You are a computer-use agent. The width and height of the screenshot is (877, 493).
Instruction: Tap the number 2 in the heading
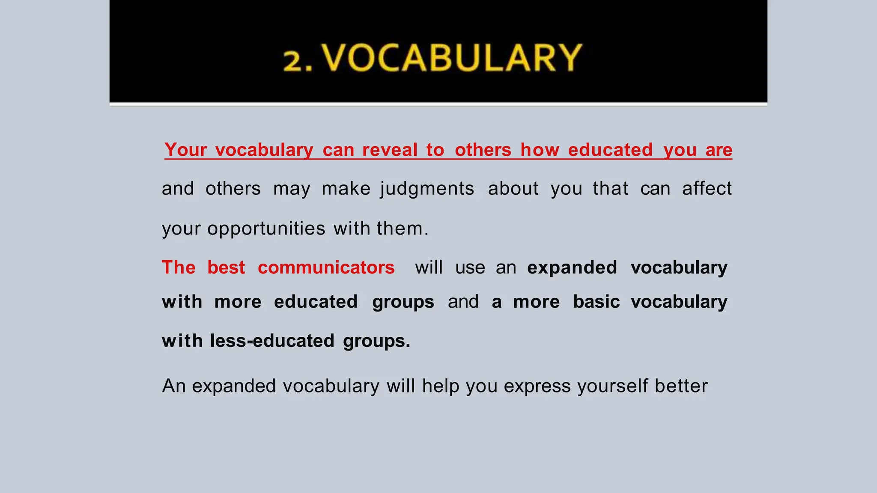pos(293,61)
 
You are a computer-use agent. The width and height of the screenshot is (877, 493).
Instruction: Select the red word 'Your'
pos(185,150)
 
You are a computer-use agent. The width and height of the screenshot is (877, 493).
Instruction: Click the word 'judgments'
pos(427,189)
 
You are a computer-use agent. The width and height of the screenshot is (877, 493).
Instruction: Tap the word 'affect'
pos(707,189)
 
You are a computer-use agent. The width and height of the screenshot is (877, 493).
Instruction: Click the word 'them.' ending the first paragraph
pos(403,229)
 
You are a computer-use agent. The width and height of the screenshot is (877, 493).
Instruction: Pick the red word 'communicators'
pos(326,267)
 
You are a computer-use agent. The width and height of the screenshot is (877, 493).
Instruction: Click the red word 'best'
pos(226,267)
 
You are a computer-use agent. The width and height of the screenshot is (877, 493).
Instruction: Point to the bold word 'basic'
pos(596,302)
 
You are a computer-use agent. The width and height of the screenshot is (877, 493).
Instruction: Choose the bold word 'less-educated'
pos(272,341)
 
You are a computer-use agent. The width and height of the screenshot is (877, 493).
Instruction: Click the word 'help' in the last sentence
pos(441,386)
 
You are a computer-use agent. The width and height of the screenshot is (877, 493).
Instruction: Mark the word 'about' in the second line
pos(513,189)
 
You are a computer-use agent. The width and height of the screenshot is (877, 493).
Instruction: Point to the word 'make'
pos(346,189)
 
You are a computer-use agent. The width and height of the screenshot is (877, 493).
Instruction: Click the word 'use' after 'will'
pos(470,267)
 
